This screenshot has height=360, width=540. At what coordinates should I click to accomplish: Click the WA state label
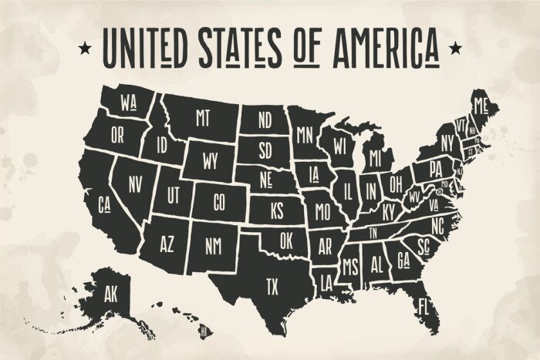(x=129, y=103)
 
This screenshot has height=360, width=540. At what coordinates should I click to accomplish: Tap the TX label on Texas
(x=272, y=287)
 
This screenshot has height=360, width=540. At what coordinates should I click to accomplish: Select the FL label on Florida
(x=423, y=305)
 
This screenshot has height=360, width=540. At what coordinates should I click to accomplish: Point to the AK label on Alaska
(x=112, y=292)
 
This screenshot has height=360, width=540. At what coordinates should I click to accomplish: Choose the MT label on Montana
(x=203, y=117)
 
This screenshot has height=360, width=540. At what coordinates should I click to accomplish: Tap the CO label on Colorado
(x=219, y=203)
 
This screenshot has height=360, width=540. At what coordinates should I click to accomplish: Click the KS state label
(x=276, y=210)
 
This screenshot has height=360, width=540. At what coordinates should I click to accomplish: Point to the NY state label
(x=447, y=143)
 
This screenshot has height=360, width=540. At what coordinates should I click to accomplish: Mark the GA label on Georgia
(x=403, y=260)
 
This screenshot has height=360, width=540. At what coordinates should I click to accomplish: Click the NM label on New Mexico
(x=214, y=245)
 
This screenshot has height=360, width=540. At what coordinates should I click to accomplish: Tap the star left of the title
(x=83, y=50)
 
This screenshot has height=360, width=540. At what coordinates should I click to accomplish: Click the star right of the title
(x=455, y=50)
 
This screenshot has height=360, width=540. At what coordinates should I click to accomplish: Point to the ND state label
(x=265, y=119)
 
